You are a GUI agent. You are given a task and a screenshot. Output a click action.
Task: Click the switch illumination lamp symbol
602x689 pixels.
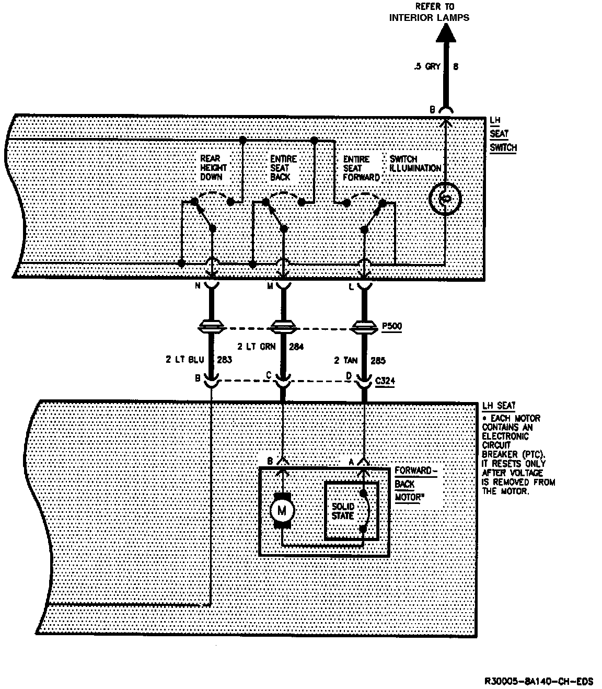pos(445,199)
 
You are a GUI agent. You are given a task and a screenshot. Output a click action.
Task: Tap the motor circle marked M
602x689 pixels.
pos(282,510)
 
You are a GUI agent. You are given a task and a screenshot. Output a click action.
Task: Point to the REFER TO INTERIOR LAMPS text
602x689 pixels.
pos(429,13)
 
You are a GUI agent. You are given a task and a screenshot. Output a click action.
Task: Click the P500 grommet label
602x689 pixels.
pos(392,326)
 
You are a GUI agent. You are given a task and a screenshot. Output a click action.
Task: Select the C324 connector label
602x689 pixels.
pos(385,381)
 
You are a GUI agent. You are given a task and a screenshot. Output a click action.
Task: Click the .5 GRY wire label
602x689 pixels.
pos(426,67)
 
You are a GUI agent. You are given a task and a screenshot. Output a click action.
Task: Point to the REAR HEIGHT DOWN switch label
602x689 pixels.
pos(214,167)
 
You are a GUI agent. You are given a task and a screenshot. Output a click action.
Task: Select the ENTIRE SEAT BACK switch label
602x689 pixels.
pos(283,168)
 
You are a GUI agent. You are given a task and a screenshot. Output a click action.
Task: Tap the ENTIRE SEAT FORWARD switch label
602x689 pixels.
pos(361,168)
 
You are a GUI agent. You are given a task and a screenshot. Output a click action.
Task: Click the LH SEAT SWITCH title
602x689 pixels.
pos(503,134)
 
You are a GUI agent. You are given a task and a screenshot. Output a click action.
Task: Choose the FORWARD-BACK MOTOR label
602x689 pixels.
pos(413,484)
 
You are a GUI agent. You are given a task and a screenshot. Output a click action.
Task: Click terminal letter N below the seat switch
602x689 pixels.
pos(197,286)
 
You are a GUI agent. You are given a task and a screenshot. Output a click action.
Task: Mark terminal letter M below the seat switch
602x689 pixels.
pos(270,286)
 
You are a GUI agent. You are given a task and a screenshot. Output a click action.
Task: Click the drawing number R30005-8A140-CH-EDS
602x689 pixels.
pos(539,681)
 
